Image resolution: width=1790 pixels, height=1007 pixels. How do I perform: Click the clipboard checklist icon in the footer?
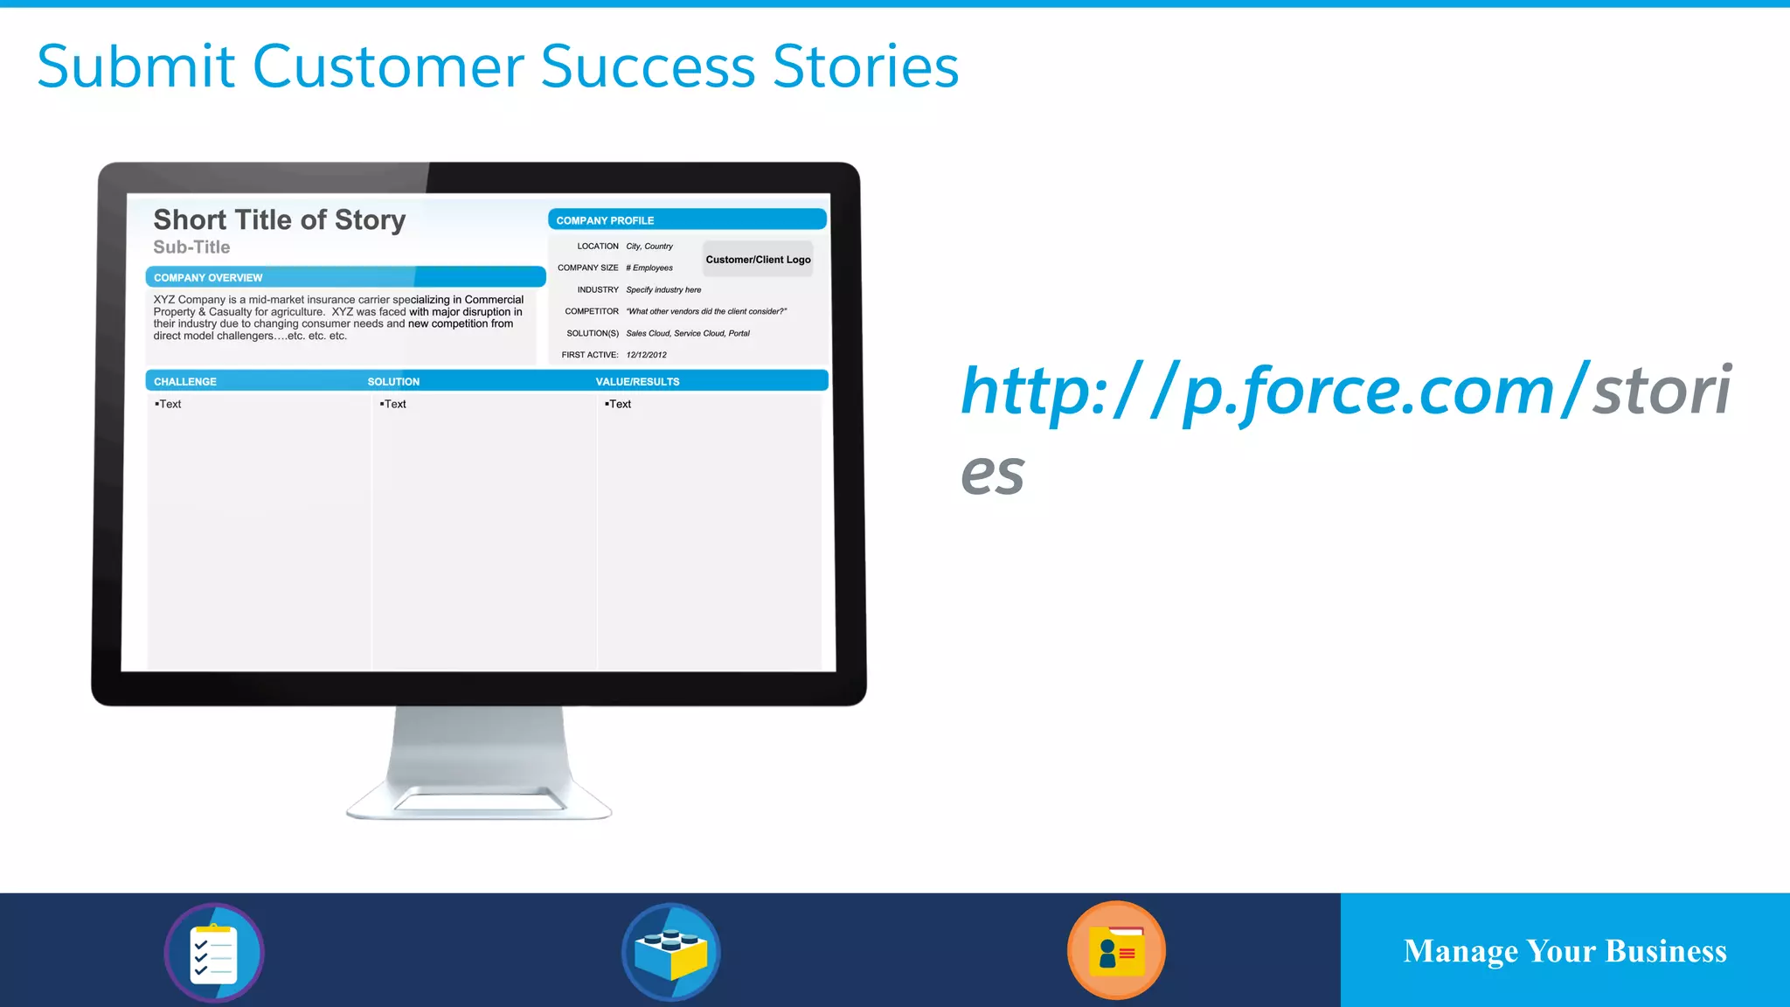(x=214, y=952)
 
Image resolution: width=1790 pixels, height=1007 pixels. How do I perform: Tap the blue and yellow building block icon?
(x=670, y=952)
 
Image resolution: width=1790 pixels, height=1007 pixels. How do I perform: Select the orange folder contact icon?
(x=1116, y=950)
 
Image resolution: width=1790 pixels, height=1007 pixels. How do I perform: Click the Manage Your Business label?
(x=1565, y=951)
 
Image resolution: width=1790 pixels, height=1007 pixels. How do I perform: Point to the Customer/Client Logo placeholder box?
(x=758, y=260)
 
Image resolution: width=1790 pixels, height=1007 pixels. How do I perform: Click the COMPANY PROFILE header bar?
(x=687, y=220)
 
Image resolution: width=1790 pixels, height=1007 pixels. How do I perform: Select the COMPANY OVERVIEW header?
(x=345, y=277)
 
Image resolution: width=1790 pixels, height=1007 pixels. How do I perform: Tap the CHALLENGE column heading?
(x=185, y=382)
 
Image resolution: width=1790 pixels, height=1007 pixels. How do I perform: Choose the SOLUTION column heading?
(x=393, y=382)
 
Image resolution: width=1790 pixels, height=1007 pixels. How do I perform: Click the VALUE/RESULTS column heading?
(x=637, y=382)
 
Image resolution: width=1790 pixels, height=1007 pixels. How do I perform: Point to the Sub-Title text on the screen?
(x=191, y=247)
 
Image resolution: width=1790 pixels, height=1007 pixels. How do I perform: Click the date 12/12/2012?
(x=646, y=355)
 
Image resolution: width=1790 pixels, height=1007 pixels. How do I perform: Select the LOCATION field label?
(x=598, y=247)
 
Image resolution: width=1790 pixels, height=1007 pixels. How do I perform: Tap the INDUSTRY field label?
(x=598, y=289)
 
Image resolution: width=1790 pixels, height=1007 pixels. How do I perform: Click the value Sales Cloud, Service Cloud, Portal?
(x=688, y=333)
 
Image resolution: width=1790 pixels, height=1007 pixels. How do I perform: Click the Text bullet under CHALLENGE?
(x=169, y=404)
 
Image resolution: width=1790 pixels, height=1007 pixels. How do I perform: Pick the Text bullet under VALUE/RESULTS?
(x=619, y=404)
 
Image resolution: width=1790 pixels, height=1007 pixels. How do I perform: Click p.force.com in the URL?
(x=1368, y=391)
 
